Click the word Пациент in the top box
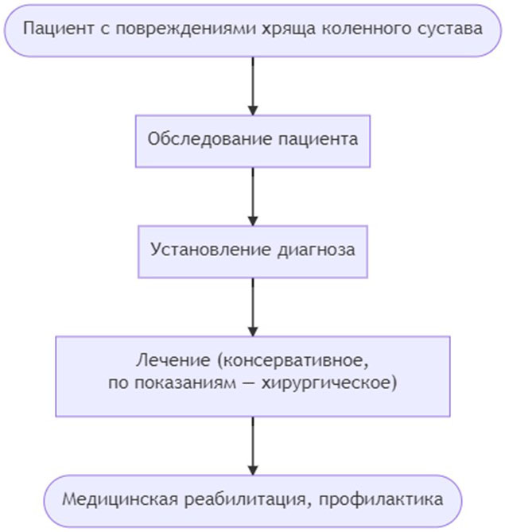pos(58,28)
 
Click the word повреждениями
pos(185,29)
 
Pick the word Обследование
pos(210,139)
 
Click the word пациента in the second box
pos(318,139)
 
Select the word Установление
pos(211,250)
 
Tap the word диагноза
pos(317,250)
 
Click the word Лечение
pos(173,360)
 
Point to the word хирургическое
pos(328,383)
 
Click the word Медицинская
pos(120,499)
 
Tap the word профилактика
pos(381,499)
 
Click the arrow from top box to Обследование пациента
pos(253,86)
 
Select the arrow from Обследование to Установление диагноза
pos(253,196)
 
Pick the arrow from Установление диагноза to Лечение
pos(253,308)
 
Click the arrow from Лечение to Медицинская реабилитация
pos(253,446)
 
